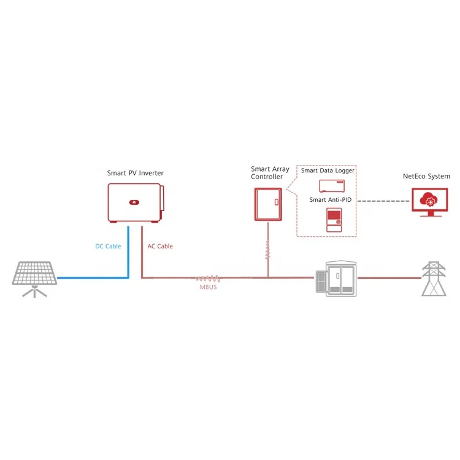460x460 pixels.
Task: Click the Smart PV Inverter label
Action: pyautogui.click(x=136, y=173)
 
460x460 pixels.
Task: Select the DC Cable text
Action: pyautogui.click(x=108, y=247)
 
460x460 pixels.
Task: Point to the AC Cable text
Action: pyautogui.click(x=160, y=247)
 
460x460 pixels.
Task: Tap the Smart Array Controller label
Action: pyautogui.click(x=267, y=172)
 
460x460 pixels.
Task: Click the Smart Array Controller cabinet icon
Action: pyautogui.click(x=267, y=204)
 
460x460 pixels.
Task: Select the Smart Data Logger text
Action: pyautogui.click(x=328, y=171)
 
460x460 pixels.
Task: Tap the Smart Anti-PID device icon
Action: pyautogui.click(x=334, y=219)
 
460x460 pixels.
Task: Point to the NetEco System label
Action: pyautogui.click(x=426, y=177)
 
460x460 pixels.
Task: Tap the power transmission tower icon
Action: pyautogui.click(x=434, y=279)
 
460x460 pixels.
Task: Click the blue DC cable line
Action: pyautogui.click(x=92, y=278)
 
